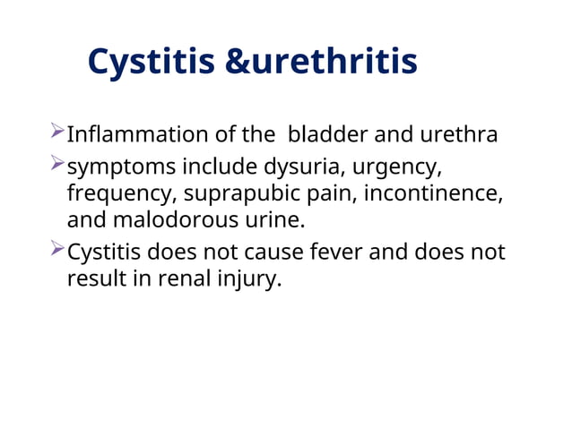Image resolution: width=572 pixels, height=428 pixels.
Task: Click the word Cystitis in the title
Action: coord(151,62)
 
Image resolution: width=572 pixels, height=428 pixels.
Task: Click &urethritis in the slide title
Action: coord(320,62)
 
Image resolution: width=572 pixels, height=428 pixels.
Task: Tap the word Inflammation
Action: coord(136,135)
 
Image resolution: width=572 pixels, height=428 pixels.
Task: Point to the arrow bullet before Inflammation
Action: coord(57,134)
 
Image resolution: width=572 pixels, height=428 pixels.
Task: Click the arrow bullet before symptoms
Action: coord(57,166)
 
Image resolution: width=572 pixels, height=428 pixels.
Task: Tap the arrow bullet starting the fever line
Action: coord(57,252)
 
